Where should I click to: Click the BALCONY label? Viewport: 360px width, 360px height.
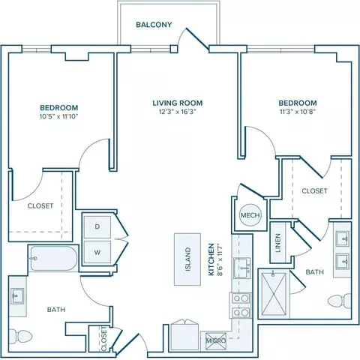pos(154,25)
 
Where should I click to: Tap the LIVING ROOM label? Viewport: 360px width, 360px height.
pos(178,103)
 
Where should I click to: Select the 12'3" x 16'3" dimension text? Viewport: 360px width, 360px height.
pos(177,112)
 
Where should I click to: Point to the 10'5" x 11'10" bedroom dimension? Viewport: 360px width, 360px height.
pos(59,116)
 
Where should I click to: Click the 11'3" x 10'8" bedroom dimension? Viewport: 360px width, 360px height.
pos(298,112)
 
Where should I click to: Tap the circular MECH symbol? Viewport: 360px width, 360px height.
pos(250,215)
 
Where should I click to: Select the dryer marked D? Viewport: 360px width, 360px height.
pos(97,226)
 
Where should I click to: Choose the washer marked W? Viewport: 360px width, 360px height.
pos(97,252)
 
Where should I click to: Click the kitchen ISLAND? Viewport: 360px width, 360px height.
pos(187,259)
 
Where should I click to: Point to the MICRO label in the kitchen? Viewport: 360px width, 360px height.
pos(216,340)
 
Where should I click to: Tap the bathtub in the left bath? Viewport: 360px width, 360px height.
pos(53,259)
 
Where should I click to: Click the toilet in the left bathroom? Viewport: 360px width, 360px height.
pos(20,336)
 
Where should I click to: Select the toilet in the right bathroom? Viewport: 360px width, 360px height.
pos(340,301)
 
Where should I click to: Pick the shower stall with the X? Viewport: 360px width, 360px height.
pos(274,294)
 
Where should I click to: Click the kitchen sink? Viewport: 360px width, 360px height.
pos(242,268)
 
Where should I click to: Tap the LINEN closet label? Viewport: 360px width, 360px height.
pos(277,243)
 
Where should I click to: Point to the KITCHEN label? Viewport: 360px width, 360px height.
pos(211,259)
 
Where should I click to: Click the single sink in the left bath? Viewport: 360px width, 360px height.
pos(18,296)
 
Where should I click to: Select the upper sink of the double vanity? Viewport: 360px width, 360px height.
pos(343,239)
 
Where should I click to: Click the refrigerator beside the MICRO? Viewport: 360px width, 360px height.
pos(185,337)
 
